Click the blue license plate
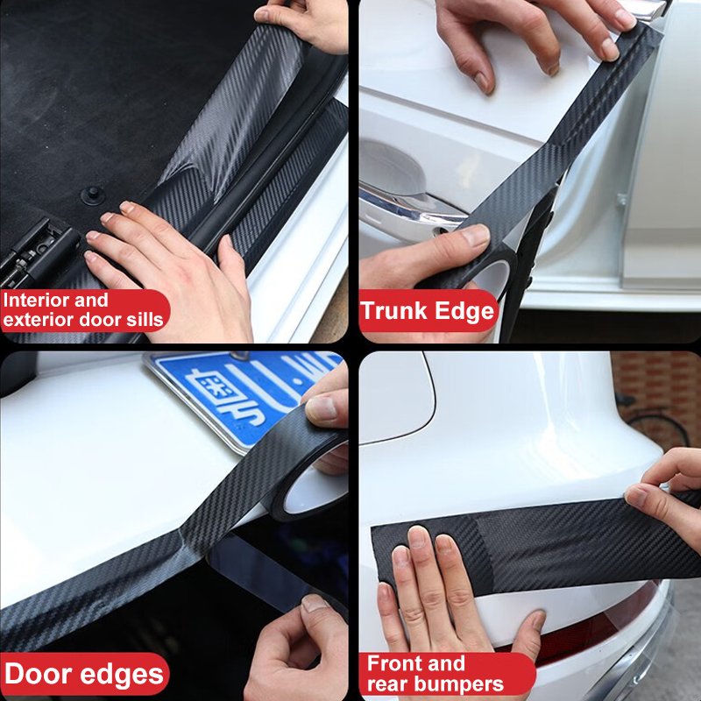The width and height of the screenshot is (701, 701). coord(245,394)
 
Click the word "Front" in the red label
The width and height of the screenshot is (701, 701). coord(395,664)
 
